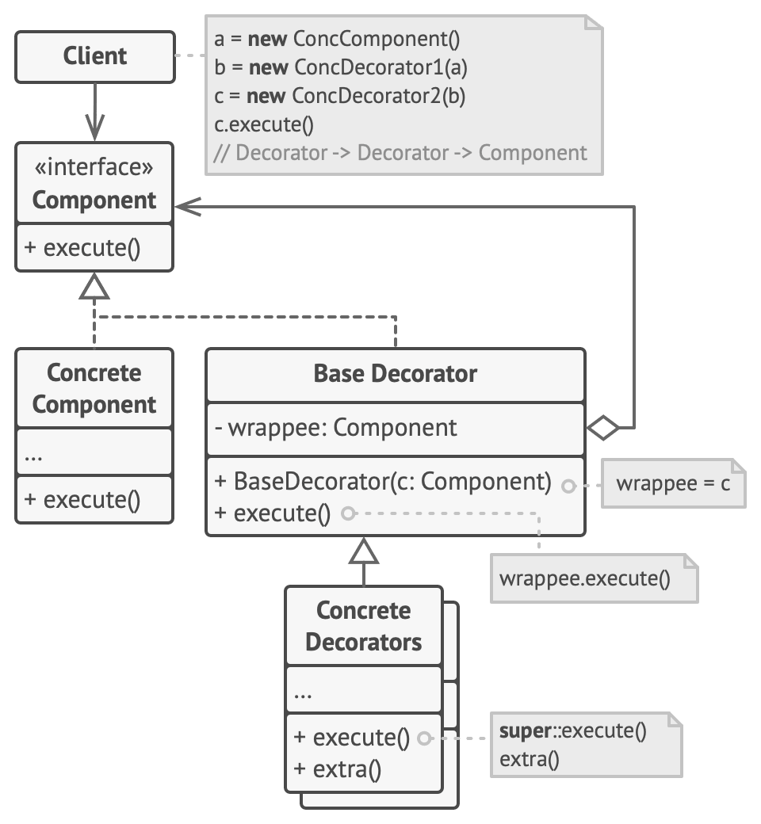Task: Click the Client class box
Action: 95,56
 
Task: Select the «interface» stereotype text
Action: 94,168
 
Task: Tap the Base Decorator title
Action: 396,373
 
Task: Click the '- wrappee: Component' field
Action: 336,428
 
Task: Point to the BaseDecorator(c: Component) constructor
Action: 383,482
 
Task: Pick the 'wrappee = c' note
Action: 673,483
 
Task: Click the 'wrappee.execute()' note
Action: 585,578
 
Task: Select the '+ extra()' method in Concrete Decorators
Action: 338,769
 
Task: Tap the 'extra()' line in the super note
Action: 530,759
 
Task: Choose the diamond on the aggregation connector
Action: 603,428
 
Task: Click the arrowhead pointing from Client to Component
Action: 94,127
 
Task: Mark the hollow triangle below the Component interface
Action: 94,286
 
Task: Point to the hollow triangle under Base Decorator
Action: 364,550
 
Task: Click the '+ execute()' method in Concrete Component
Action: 82,499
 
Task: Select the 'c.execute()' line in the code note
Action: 264,124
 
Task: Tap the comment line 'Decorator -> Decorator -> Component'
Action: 400,152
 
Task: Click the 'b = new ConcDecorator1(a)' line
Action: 341,67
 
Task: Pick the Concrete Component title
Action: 94,388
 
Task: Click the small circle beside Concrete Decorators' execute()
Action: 424,738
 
